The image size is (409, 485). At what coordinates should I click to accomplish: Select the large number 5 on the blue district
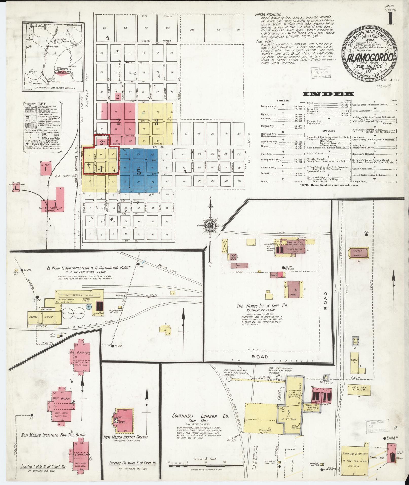pyautogui.click(x=139, y=172)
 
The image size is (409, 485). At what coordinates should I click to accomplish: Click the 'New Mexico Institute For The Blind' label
pyautogui.click(x=53, y=435)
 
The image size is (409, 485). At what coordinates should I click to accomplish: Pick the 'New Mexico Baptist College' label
pyautogui.click(x=126, y=437)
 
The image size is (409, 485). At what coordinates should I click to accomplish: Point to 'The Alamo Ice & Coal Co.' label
pyautogui.click(x=262, y=306)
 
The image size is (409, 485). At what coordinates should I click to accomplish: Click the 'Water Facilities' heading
pyautogui.click(x=270, y=15)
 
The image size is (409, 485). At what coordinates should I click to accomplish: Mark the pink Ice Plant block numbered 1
pyautogui.click(x=46, y=168)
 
